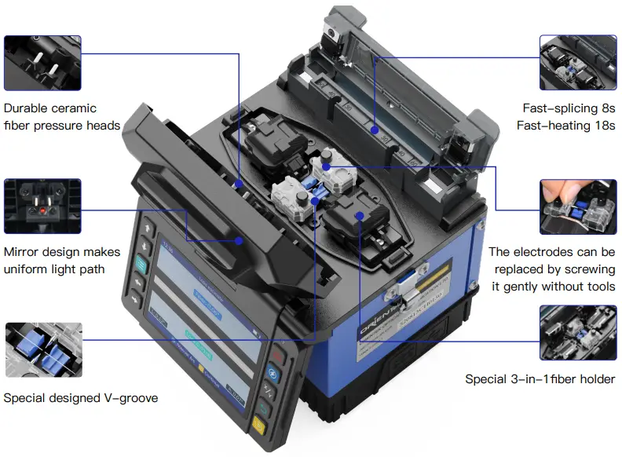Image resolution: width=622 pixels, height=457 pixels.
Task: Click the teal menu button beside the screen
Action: tap(142, 262)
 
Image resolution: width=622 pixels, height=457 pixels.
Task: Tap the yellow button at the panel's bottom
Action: tap(259, 427)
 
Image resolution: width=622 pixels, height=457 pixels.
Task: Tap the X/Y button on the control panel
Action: tap(269, 391)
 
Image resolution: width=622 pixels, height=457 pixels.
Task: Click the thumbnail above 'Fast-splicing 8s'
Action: tap(578, 63)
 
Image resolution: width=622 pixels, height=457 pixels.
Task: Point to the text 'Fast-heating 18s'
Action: tap(565, 126)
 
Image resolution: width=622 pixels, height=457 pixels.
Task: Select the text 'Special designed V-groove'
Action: tap(80, 398)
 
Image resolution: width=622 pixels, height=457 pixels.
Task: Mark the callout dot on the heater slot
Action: tap(375, 129)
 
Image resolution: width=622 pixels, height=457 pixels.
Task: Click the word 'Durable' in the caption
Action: tap(28, 108)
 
